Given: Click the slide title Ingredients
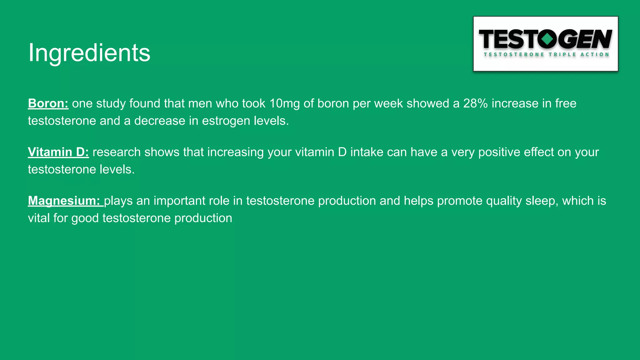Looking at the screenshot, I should click(89, 52).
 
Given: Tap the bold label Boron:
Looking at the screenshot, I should click(48, 103).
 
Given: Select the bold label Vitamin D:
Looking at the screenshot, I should click(58, 152).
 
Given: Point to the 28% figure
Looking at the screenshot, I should click(475, 103).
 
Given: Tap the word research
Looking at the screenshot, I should click(117, 152).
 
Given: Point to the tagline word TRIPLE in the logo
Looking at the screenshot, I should click(562, 55).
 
